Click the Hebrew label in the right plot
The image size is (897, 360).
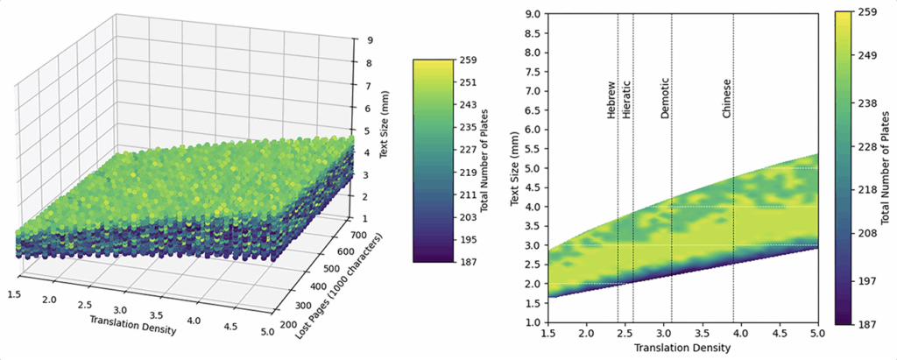(611, 102)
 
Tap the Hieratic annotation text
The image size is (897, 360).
(625, 100)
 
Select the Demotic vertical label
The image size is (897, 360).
(666, 101)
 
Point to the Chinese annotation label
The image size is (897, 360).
(726, 98)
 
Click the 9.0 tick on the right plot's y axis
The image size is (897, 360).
(532, 13)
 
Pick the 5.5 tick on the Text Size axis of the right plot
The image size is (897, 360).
(532, 148)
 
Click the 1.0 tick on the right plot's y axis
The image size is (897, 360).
(532, 322)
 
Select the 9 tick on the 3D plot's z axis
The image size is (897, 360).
(371, 39)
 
